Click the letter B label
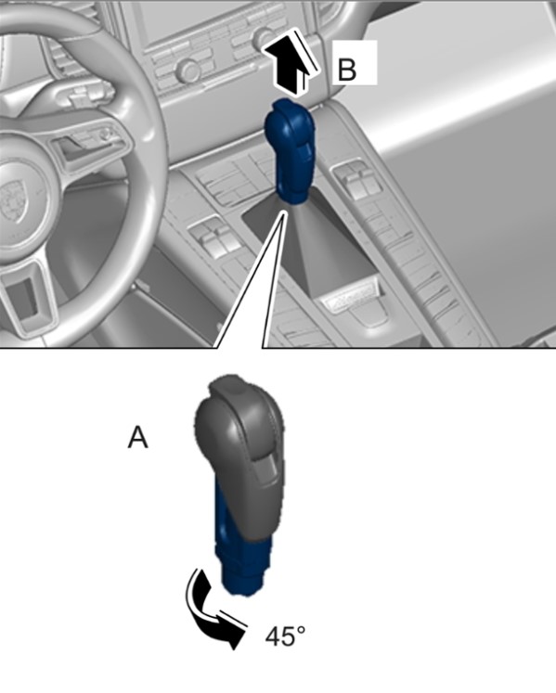(x=347, y=70)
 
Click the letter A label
(x=137, y=438)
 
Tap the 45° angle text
(x=285, y=636)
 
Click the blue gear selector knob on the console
(x=291, y=151)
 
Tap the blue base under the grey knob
(x=241, y=557)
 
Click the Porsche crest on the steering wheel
(x=11, y=203)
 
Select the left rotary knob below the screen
(x=187, y=70)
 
